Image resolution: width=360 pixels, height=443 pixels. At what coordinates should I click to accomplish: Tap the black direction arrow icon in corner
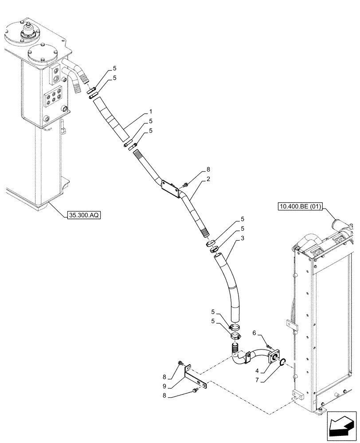coord(342,427)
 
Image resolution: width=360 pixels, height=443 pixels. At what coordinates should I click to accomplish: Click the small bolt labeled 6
coord(267,346)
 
